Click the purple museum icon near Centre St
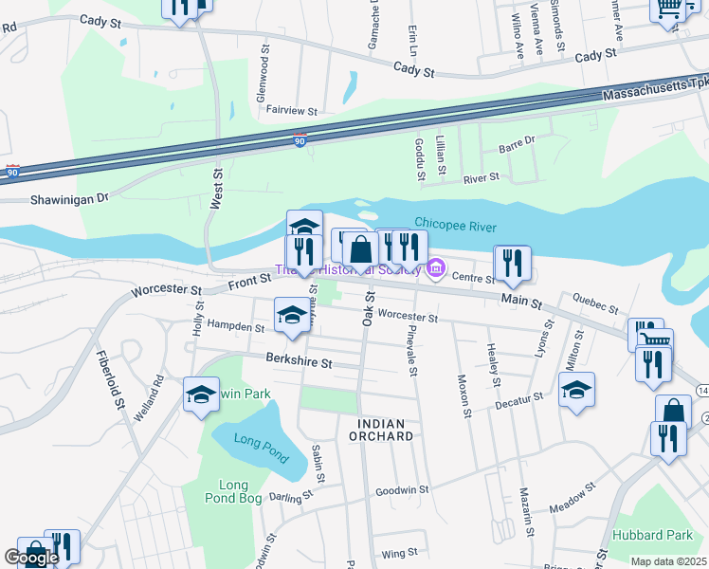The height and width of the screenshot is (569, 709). (x=435, y=270)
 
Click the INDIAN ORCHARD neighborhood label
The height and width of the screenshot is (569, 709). (x=386, y=430)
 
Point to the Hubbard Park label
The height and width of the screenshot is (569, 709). (x=654, y=535)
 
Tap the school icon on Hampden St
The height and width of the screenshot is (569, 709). (x=292, y=314)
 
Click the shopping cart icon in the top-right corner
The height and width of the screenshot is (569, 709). (x=668, y=8)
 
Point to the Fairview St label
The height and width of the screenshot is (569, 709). (x=291, y=111)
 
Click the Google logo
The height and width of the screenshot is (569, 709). (x=30, y=558)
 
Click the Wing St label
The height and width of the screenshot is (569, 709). (x=399, y=553)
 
